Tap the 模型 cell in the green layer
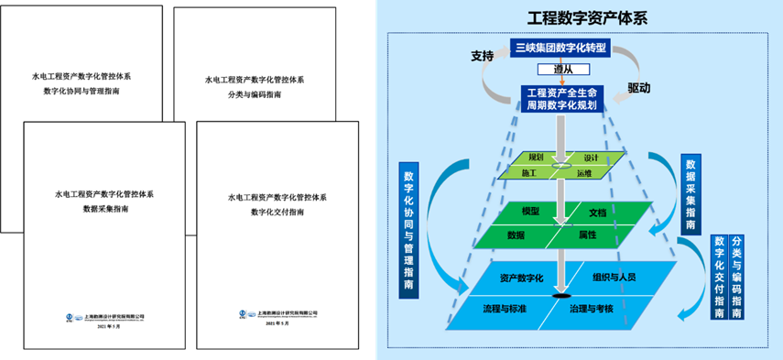point(531,212)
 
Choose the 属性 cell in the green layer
point(587,235)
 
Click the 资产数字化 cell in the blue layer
point(522,277)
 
